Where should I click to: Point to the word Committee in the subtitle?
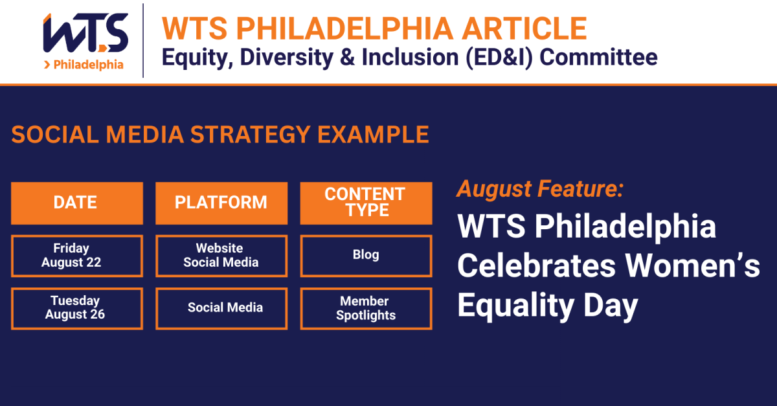[598, 57]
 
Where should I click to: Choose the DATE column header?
[76, 203]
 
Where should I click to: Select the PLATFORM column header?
[221, 203]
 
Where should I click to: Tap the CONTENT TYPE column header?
[365, 203]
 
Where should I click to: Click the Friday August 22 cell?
[76, 256]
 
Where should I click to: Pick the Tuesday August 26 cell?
[76, 308]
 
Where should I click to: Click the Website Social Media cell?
[221, 256]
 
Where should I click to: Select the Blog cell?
[365, 255]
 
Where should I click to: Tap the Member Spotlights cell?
[365, 308]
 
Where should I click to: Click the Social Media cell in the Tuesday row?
[225, 308]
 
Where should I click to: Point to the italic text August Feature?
[541, 190]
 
